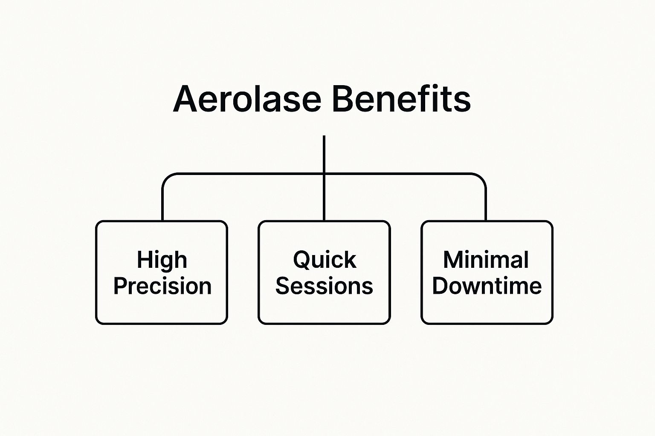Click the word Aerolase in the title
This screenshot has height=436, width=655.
(x=247, y=99)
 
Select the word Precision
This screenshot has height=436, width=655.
(x=162, y=286)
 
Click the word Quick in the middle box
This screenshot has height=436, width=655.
(x=325, y=260)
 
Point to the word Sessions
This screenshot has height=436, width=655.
(x=324, y=286)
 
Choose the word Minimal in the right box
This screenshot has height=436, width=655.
(x=486, y=260)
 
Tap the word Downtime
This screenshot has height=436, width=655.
(x=487, y=286)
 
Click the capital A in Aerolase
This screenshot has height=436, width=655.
(x=185, y=99)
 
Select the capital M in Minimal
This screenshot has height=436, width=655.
(x=454, y=259)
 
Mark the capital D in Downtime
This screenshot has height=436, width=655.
(x=441, y=286)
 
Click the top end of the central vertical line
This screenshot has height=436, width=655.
(x=324, y=136)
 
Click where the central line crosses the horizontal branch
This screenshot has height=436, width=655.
(x=324, y=174)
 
